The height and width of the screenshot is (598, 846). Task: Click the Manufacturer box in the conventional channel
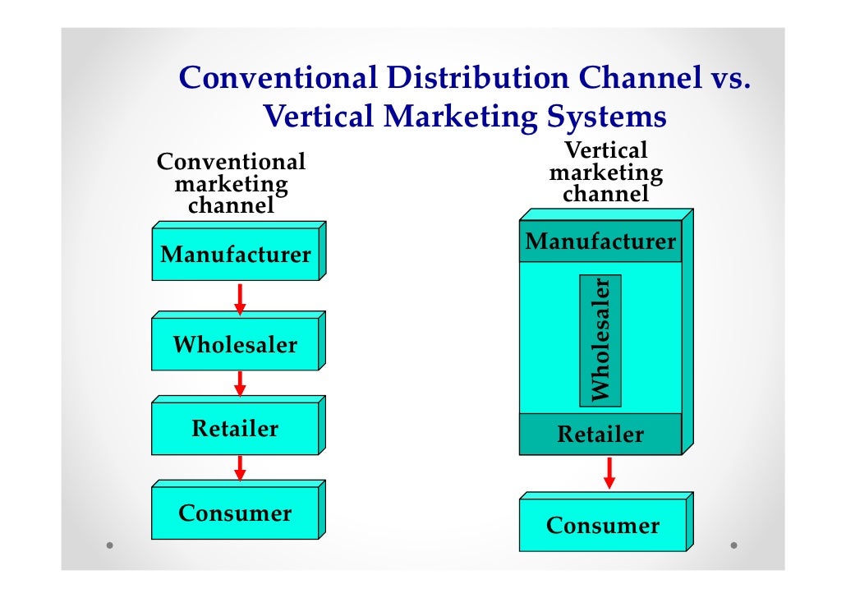point(236,255)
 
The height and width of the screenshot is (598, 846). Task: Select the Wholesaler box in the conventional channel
point(235,345)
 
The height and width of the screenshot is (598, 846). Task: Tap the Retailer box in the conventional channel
point(235,429)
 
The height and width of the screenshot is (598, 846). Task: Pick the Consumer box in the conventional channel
point(235,514)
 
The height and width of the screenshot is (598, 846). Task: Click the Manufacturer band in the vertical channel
point(600,242)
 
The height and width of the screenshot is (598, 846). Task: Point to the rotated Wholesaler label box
point(600,340)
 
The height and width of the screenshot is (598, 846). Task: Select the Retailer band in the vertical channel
point(600,435)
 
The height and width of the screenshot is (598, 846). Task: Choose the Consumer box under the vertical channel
point(603,526)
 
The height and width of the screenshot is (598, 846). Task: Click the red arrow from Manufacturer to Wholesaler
point(240,299)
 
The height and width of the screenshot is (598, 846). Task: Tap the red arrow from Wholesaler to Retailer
point(240,384)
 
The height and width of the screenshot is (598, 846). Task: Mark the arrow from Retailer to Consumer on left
point(240,468)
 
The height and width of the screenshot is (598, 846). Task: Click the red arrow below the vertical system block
point(609,472)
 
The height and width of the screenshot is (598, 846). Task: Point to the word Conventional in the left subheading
point(231,162)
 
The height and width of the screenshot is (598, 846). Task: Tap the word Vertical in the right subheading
point(606,151)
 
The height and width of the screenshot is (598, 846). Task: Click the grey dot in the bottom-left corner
point(110,545)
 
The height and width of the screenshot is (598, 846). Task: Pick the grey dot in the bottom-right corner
point(733,545)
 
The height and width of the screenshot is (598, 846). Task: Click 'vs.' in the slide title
point(727,79)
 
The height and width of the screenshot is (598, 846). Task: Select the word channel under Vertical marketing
point(606,195)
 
